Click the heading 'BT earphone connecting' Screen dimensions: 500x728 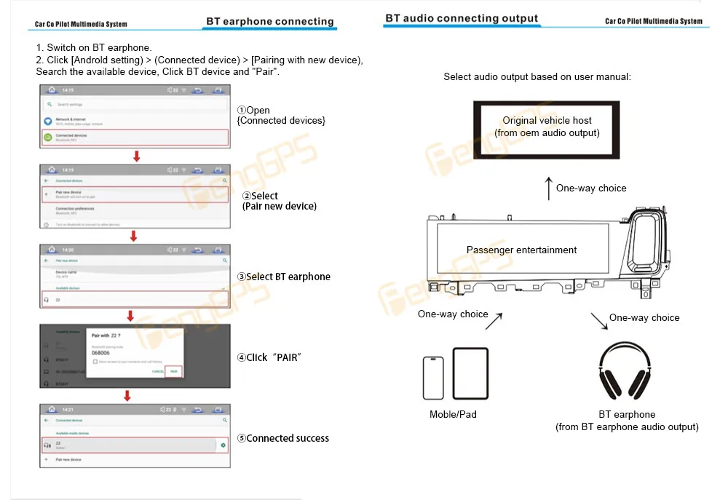pos(270,22)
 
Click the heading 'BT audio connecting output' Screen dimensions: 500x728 pos(462,18)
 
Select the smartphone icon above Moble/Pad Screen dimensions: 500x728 pos(433,378)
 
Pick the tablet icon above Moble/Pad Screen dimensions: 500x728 pos(470,373)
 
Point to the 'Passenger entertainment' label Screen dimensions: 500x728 pos(521,250)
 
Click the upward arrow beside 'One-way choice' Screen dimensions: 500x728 pos(548,188)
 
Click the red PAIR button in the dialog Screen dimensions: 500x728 pos(173,371)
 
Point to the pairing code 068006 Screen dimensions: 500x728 pos(100,353)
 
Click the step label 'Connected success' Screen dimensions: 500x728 pos(288,438)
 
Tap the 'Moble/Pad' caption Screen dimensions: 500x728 pos(453,415)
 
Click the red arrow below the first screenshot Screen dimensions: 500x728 pos(136,156)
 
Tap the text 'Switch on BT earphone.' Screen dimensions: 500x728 pos(99,48)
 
